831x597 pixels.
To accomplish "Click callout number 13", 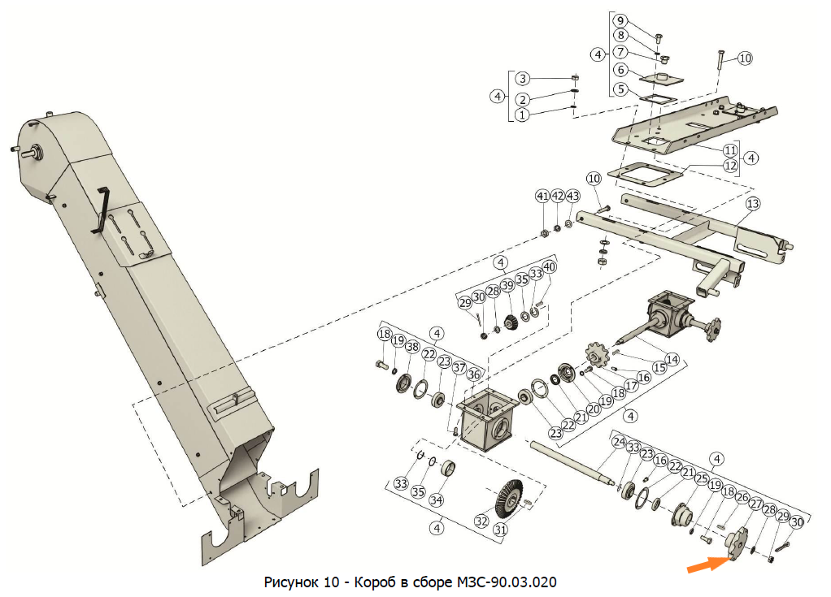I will (x=753, y=203).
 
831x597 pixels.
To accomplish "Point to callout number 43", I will (x=573, y=197).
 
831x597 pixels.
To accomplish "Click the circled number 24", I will (x=620, y=443).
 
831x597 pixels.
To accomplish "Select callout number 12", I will (x=730, y=166).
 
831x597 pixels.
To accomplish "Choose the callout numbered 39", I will (x=507, y=285).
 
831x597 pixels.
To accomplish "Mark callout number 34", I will (x=436, y=499).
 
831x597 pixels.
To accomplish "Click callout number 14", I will (x=672, y=358).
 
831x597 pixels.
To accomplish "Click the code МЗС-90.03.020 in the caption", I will (x=503, y=582).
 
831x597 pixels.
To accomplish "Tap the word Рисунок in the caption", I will (x=291, y=582).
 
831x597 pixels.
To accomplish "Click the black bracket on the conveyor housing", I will (x=102, y=209).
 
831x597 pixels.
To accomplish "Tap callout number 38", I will (x=412, y=347).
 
